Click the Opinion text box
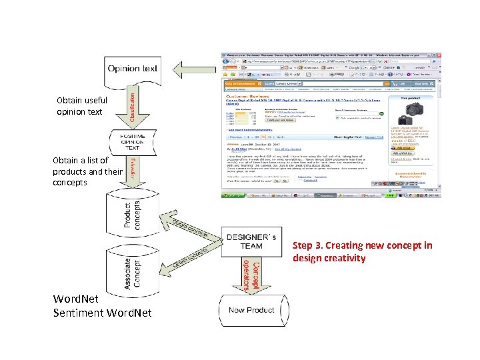(133, 69)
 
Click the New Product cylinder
(251, 310)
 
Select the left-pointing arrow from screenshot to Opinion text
(194, 68)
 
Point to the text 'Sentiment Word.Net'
(102, 313)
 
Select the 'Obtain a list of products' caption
(79, 171)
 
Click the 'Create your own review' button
(281, 121)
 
